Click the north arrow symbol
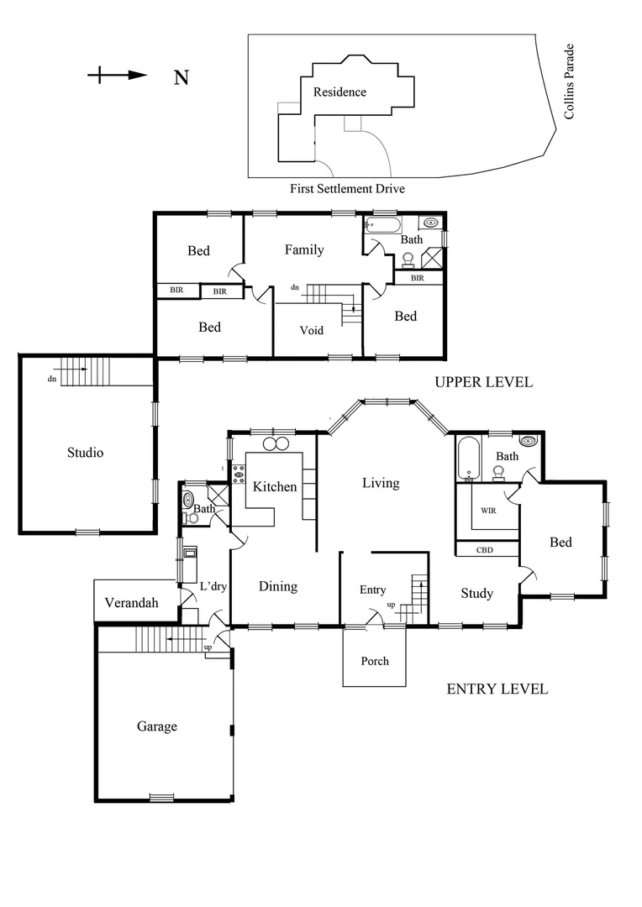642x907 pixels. [118, 76]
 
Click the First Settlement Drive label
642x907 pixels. [347, 189]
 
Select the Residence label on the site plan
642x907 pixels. [339, 92]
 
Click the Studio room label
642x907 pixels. [85, 453]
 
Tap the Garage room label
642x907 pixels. [157, 726]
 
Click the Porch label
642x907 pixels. [375, 661]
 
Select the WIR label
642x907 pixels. [488, 511]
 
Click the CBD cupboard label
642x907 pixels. [485, 551]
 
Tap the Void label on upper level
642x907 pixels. [312, 330]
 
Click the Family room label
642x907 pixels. [304, 249]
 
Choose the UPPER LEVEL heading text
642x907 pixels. [483, 382]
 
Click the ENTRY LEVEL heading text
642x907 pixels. [497, 689]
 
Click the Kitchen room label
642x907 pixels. [275, 487]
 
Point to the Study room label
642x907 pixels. [476, 594]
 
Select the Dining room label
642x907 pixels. [277, 586]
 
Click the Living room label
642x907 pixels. [380, 483]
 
